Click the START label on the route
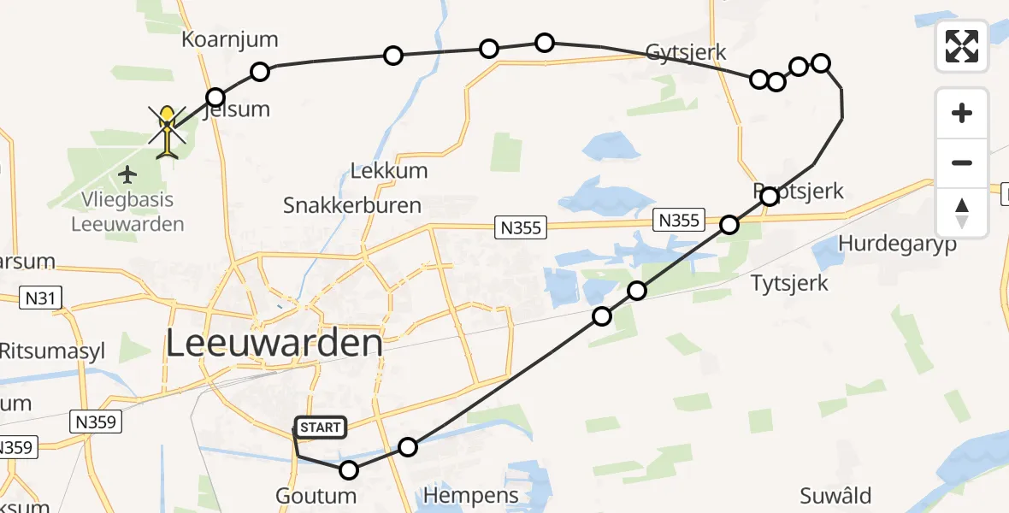[x=320, y=427]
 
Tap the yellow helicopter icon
[x=168, y=131]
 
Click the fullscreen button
[x=962, y=46]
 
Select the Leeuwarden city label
[x=274, y=344]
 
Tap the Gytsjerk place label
[x=687, y=52]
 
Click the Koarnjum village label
[x=230, y=40]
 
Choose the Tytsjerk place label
[x=789, y=282]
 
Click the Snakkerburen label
[x=352, y=205]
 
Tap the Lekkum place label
[x=389, y=170]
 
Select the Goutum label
[x=316, y=496]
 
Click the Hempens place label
[x=471, y=496]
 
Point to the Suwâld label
[x=835, y=496]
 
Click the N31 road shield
[x=39, y=298]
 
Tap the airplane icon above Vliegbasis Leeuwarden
[x=128, y=175]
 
